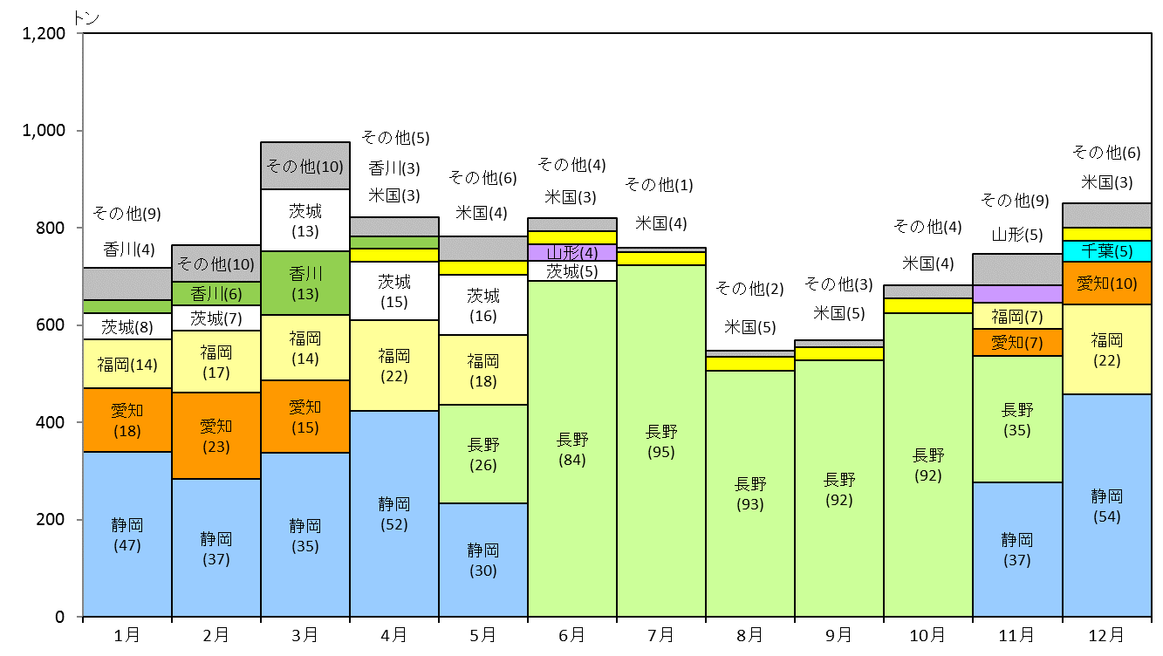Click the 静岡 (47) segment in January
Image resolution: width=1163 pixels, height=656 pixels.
[x=127, y=534]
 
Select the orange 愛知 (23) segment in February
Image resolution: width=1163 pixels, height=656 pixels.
[x=216, y=435]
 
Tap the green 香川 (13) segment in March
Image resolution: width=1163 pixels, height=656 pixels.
[x=305, y=283]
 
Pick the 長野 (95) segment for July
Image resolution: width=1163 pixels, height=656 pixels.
[x=661, y=441]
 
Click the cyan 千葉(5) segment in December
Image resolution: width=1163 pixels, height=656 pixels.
[x=1107, y=251]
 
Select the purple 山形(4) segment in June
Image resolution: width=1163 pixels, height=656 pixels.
[x=572, y=253]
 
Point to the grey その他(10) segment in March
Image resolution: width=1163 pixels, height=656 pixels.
[x=305, y=166]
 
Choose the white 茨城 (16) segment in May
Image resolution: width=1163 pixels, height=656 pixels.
[x=482, y=304]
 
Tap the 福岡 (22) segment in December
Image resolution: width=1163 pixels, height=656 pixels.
[x=1107, y=349]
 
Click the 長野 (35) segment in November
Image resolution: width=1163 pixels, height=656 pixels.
[x=1017, y=419]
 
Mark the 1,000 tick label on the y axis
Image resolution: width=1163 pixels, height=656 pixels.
[x=44, y=130]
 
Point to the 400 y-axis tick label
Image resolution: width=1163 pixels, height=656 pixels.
[x=51, y=422]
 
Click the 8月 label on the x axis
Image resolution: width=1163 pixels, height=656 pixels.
[x=749, y=635]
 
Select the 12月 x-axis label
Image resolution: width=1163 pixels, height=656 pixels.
[x=1106, y=635]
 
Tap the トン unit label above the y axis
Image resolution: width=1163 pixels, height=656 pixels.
[x=86, y=18]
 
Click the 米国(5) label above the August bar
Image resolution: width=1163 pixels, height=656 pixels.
[x=749, y=327]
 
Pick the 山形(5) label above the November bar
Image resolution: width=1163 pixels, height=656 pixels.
[x=1017, y=235]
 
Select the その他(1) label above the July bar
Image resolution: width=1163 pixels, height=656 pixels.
[x=659, y=184]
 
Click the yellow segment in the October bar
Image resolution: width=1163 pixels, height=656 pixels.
[x=927, y=305]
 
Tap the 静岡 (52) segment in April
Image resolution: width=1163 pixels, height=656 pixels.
[x=394, y=514]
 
